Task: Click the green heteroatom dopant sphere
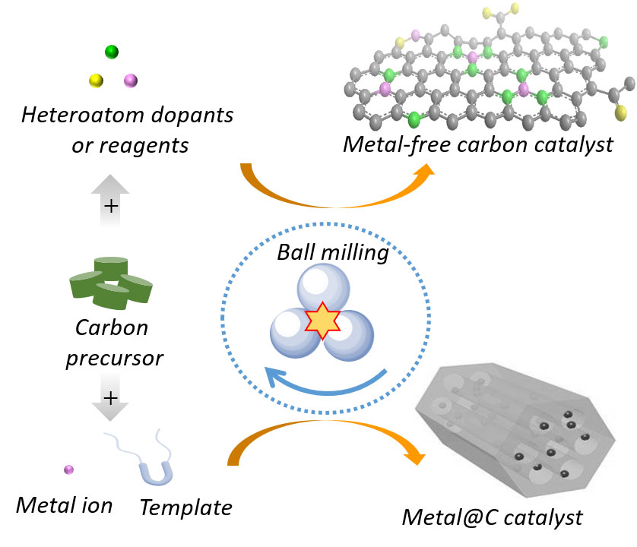(112, 52)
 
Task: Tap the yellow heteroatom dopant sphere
(96, 80)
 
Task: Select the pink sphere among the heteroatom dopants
(130, 80)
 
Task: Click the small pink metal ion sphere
(68, 470)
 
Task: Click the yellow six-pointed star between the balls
(322, 322)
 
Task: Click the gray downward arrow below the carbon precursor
(110, 403)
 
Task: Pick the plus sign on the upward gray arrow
(111, 206)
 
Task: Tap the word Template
(185, 506)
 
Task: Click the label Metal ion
(64, 504)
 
